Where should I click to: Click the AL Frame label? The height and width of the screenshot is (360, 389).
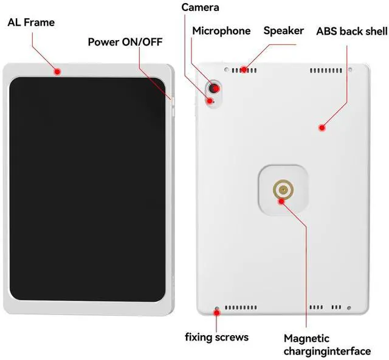(x=31, y=22)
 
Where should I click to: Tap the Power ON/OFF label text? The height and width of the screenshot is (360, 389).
(x=125, y=42)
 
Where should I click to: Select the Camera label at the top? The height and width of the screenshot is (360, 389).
(x=200, y=8)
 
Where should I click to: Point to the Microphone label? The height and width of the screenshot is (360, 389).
(x=221, y=31)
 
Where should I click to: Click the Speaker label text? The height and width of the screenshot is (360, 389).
(x=283, y=30)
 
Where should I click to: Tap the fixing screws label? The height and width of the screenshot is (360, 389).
(x=216, y=336)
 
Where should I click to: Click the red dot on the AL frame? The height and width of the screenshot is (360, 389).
(x=57, y=72)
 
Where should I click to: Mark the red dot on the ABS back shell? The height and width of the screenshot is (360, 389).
(x=322, y=127)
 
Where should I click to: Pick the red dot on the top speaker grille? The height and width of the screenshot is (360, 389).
(x=244, y=69)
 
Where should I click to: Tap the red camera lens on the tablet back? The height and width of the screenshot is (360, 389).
(x=213, y=89)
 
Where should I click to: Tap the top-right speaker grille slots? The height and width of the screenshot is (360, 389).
(x=326, y=71)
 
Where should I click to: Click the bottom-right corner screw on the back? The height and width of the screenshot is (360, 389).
(x=351, y=307)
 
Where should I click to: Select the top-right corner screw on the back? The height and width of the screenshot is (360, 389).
(x=351, y=70)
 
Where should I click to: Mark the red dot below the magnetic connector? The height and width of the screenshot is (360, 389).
(x=281, y=201)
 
